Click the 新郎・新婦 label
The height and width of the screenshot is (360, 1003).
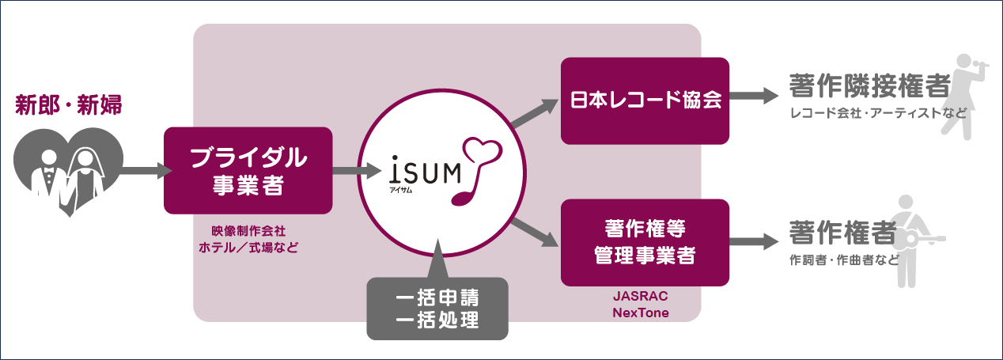click(x=69, y=105)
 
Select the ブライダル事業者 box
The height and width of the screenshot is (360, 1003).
click(x=248, y=170)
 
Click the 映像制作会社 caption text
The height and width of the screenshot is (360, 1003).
click(x=248, y=230)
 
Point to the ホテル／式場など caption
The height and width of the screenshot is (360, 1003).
click(x=248, y=247)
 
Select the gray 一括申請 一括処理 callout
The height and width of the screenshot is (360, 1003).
click(x=437, y=309)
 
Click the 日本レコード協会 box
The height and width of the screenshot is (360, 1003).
click(x=645, y=101)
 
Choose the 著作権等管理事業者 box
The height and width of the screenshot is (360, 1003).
click(x=645, y=243)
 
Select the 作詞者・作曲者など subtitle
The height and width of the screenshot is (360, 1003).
click(x=844, y=260)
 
